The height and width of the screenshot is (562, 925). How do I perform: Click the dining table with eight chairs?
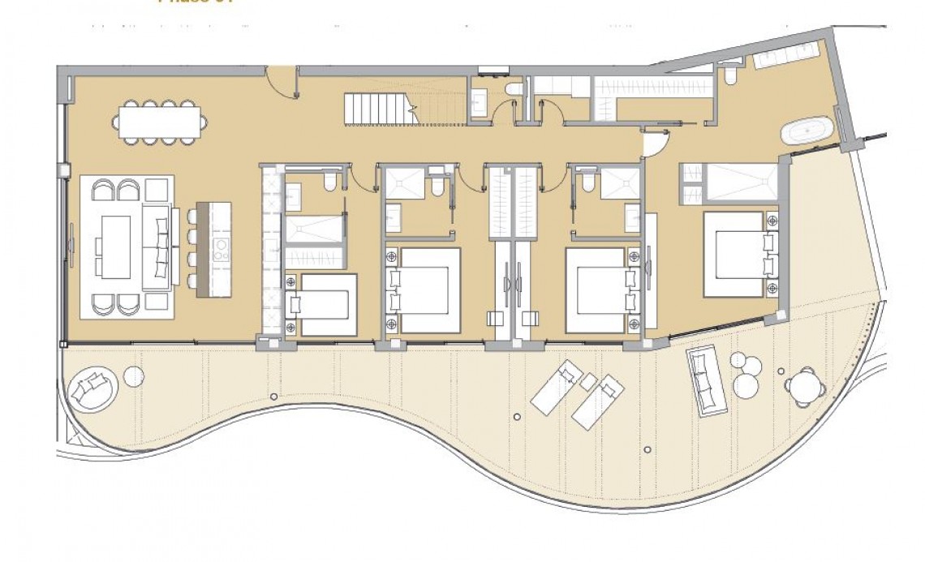tap(159, 122)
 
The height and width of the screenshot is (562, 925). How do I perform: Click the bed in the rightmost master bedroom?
tap(734, 254)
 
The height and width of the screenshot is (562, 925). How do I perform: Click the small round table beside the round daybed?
tap(134, 375)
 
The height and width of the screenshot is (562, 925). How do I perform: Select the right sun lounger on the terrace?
tap(597, 403)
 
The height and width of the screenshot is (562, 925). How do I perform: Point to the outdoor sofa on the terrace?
tap(706, 380)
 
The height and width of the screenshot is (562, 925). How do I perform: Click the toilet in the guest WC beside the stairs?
tap(513, 88)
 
